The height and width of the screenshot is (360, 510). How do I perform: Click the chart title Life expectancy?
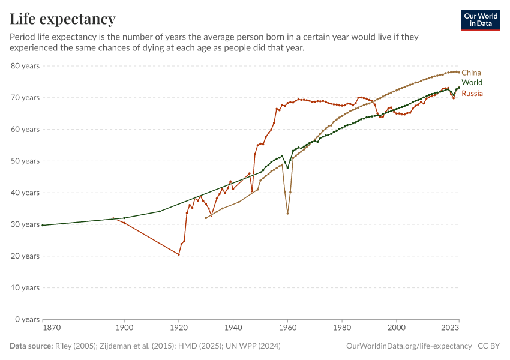tap(62, 19)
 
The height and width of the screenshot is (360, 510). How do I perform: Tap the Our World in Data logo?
tap(480, 20)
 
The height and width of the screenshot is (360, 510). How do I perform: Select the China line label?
tap(471, 73)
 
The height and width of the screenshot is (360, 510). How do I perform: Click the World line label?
tap(472, 83)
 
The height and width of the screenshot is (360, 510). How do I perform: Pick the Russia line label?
tap(472, 94)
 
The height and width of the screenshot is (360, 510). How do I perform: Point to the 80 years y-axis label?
tap(25, 66)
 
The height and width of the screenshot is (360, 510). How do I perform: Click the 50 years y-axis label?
tap(25, 161)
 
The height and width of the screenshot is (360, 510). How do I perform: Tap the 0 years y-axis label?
tap(27, 319)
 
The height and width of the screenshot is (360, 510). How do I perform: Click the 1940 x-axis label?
tap(233, 328)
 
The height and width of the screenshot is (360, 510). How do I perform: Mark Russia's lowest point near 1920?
tap(179, 254)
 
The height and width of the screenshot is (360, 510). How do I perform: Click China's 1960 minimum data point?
tap(288, 213)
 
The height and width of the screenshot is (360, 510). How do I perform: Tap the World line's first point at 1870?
tap(43, 225)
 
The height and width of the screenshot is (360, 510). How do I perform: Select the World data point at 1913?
tap(160, 211)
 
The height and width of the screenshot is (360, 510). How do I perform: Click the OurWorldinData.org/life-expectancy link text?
tap(409, 346)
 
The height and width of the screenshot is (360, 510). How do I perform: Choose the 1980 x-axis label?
tap(342, 328)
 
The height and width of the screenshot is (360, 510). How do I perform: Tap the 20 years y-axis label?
tap(25, 256)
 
